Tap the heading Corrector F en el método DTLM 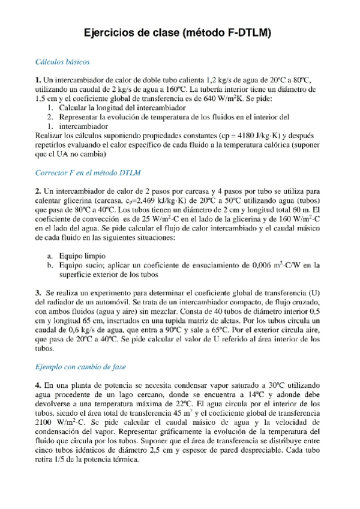[x=88, y=173]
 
